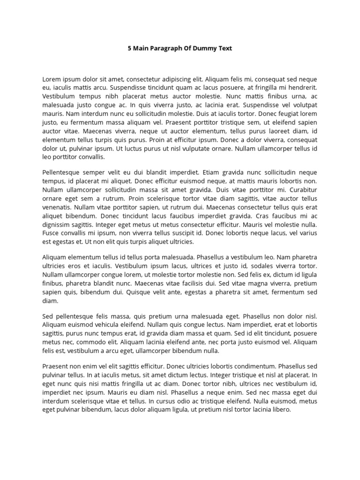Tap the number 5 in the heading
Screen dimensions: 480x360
click(x=130, y=48)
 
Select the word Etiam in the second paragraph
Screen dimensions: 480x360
click(x=214, y=172)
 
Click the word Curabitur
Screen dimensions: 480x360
click(x=301, y=190)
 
